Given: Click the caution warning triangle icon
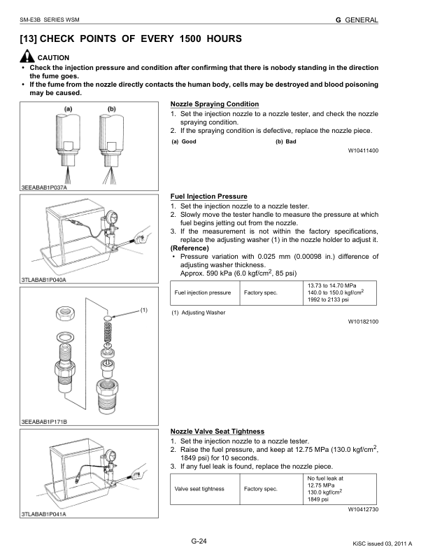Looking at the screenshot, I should [28, 57].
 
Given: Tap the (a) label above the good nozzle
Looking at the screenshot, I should [69, 109].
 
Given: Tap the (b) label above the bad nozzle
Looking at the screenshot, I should [111, 109].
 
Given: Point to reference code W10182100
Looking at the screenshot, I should [363, 322].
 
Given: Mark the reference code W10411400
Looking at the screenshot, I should [363, 150].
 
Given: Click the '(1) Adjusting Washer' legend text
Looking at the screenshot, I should [198, 313].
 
